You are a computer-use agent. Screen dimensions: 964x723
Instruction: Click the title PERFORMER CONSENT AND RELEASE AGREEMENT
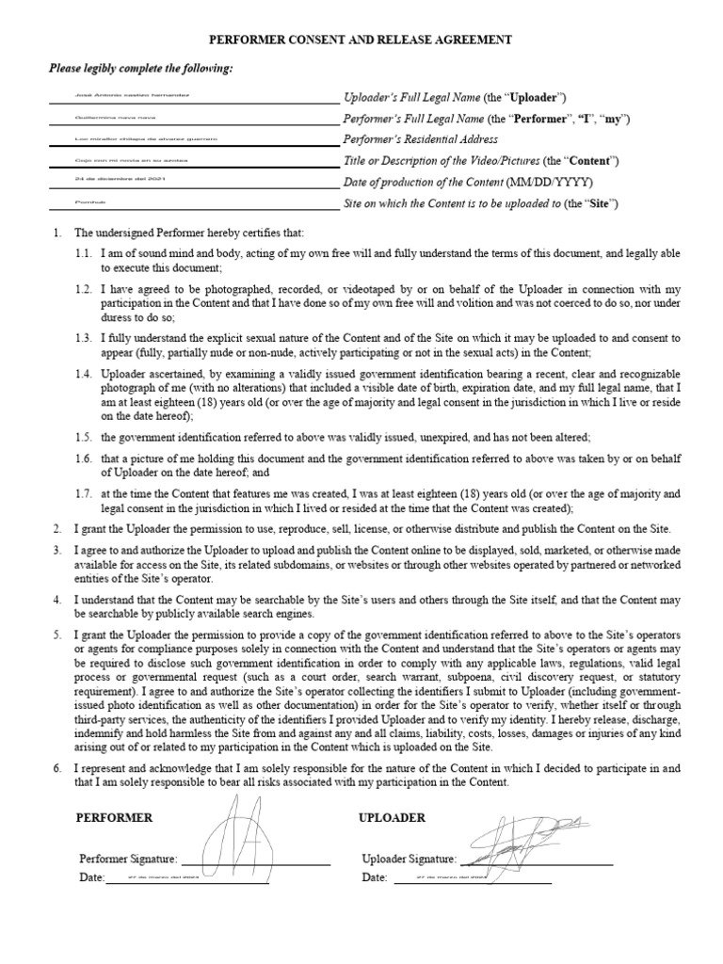click(x=361, y=40)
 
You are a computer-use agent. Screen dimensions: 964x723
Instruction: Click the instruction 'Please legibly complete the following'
click(x=140, y=69)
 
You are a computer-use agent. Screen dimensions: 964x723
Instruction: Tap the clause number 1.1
click(x=85, y=254)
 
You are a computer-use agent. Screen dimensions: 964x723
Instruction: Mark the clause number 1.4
click(x=85, y=374)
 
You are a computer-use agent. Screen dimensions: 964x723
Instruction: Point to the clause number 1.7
click(x=85, y=492)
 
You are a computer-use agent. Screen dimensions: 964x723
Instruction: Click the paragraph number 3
click(x=57, y=549)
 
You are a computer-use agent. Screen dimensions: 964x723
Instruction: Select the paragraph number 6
click(x=57, y=769)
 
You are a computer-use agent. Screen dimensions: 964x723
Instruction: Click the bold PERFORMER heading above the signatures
click(x=114, y=818)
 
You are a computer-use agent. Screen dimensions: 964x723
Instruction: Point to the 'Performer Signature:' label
click(x=128, y=859)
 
